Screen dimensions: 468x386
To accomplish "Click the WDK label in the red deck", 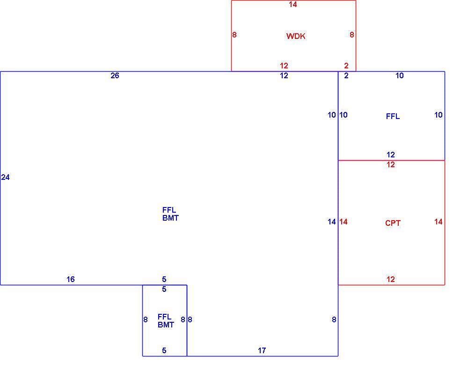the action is click(295, 36).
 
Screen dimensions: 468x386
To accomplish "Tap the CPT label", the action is click(393, 223).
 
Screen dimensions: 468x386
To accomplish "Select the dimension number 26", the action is click(115, 75).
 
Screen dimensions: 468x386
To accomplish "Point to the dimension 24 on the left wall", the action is click(5, 178).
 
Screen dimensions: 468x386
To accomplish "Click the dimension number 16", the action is click(71, 279).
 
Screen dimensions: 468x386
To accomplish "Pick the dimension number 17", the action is click(262, 350).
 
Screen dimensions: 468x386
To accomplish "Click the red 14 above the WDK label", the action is click(293, 5).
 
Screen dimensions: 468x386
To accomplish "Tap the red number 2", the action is click(346, 66).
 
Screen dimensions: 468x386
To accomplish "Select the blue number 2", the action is click(346, 75).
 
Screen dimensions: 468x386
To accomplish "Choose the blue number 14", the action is click(332, 222).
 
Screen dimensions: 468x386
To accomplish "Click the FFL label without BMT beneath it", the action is click(393, 116).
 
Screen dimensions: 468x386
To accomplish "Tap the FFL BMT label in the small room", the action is click(166, 320).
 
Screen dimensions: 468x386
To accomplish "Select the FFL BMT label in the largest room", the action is click(170, 214).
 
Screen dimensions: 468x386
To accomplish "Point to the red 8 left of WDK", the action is click(234, 35).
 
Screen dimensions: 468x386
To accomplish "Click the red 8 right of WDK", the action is click(352, 35).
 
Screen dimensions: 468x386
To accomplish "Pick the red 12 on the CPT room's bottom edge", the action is click(390, 279).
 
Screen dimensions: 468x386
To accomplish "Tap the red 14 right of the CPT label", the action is click(438, 222).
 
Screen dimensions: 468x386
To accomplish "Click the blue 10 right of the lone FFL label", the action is click(438, 115).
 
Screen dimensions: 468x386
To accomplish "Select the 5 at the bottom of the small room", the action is click(164, 350).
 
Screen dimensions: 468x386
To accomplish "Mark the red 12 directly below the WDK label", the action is click(284, 66).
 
